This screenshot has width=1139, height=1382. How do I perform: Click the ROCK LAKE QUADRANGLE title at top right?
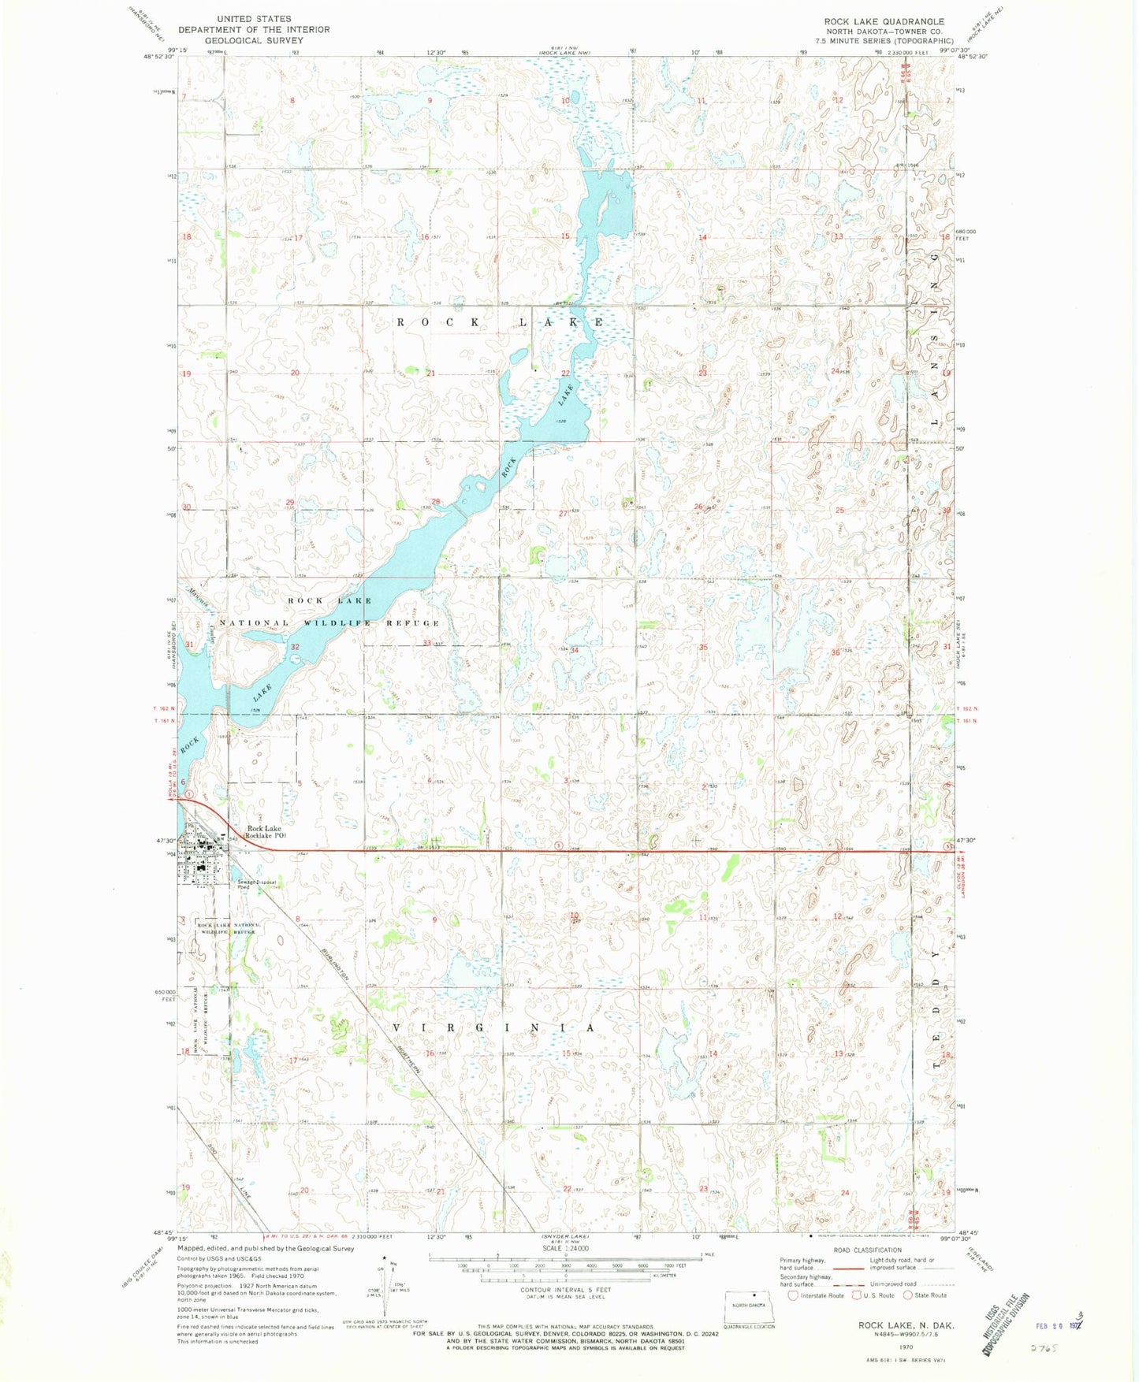[884, 21]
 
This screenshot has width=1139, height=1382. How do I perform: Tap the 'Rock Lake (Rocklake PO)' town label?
[265, 831]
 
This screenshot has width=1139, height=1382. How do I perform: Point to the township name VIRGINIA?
[493, 1029]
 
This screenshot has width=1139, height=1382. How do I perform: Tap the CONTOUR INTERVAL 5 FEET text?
[565, 1290]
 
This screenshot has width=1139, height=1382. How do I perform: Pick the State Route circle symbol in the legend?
[908, 1295]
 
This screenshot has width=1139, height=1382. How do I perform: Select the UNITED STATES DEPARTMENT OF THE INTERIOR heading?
[254, 29]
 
